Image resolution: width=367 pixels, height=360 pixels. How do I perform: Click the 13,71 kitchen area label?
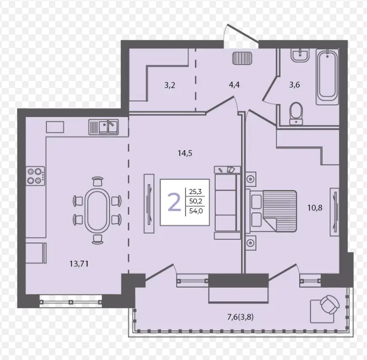coord(79,264)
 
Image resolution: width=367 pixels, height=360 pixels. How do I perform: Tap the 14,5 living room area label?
coord(185,153)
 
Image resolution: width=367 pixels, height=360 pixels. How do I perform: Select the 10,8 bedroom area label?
coord(315,208)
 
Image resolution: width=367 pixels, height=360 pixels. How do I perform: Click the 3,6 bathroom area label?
coord(295,85)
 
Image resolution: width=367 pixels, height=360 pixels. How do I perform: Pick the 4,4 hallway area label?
coord(234,85)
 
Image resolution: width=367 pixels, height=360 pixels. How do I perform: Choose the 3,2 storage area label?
coord(169,86)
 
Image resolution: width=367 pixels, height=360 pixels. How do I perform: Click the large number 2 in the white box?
coord(175,203)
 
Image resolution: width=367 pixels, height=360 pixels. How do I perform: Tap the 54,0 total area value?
coord(196,211)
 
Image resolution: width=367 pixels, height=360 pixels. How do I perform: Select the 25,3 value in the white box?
coord(195,192)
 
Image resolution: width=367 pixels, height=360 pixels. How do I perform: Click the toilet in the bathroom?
coord(296,114)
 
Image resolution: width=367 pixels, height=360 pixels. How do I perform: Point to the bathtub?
coord(327,77)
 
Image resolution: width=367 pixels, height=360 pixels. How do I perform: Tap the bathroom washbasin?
coord(300,56)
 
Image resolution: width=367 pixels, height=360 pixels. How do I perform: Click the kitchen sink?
coord(103,127)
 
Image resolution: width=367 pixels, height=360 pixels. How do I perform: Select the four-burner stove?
coord(35,176)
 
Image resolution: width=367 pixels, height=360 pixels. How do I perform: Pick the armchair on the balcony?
coord(330,305)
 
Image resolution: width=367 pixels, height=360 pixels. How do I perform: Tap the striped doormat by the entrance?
coord(242,58)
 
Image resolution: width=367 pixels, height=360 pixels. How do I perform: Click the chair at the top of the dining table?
coord(97,181)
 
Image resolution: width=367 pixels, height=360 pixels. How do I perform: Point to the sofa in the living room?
coord(227,203)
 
